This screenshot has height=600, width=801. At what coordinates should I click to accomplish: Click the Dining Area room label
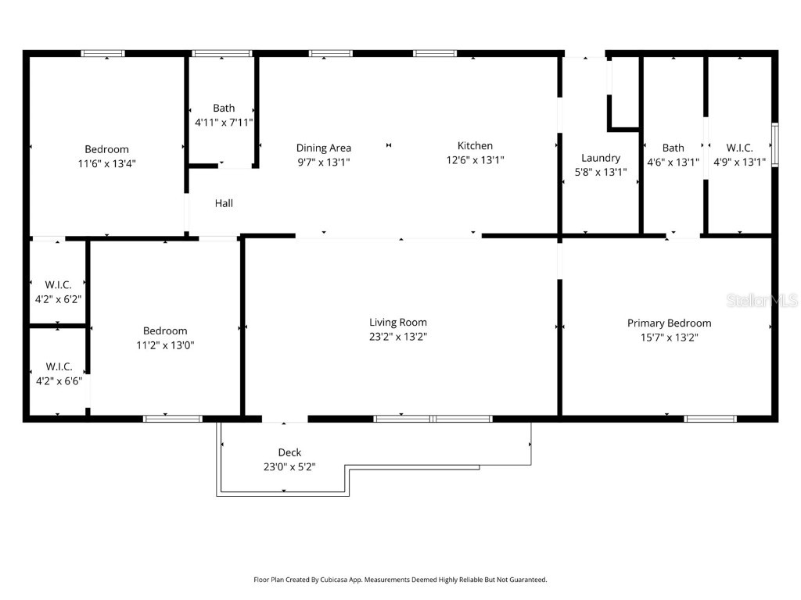pyautogui.click(x=323, y=148)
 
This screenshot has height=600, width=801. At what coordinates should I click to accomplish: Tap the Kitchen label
pyautogui.click(x=475, y=145)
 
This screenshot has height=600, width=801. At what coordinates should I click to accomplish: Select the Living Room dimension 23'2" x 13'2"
pyautogui.click(x=398, y=337)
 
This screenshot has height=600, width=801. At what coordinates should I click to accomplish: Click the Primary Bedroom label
pyautogui.click(x=669, y=323)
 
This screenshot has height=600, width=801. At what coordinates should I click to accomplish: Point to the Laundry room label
pyautogui.click(x=601, y=158)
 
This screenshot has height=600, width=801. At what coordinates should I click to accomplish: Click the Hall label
pyautogui.click(x=224, y=203)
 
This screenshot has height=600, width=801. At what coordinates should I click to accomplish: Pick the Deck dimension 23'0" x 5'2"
pyautogui.click(x=289, y=467)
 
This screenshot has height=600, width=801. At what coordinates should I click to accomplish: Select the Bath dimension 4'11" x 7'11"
pyautogui.click(x=224, y=123)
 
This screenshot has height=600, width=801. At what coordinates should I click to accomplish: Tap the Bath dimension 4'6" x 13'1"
pyautogui.click(x=673, y=162)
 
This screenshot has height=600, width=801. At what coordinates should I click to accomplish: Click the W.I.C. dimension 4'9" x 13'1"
pyautogui.click(x=739, y=162)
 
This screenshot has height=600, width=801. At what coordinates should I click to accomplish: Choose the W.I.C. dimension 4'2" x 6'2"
pyautogui.click(x=59, y=299)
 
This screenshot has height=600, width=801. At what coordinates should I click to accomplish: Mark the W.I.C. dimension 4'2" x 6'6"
pyautogui.click(x=59, y=381)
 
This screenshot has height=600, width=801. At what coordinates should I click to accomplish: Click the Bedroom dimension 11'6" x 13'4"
pyautogui.click(x=106, y=164)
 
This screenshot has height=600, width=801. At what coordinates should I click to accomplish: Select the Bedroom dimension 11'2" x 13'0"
pyautogui.click(x=165, y=345)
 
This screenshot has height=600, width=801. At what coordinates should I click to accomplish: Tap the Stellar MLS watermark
pyautogui.click(x=762, y=300)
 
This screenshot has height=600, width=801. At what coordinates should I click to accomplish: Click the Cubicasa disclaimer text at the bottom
pyautogui.click(x=400, y=580)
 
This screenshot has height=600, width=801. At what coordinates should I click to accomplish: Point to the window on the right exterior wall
pyautogui.click(x=775, y=145)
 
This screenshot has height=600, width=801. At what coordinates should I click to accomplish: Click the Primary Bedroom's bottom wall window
pyautogui.click(x=710, y=419)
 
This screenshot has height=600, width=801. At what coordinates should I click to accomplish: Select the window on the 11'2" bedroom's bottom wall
pyautogui.click(x=172, y=419)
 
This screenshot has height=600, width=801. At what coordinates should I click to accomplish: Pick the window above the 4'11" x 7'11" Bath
pyautogui.click(x=222, y=53)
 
